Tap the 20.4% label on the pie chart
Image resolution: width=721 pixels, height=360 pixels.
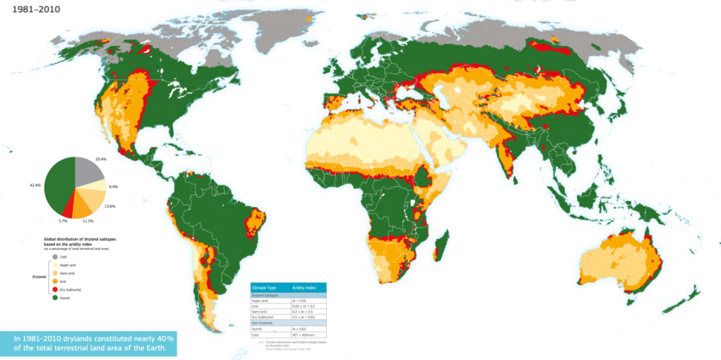click(100, 159)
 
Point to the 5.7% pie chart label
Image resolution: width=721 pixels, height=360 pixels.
click(62, 220)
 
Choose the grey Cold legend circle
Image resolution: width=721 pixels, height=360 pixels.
click(55, 257)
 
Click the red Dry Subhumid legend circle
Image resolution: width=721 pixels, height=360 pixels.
click(55, 289)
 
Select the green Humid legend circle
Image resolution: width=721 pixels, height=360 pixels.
click(55, 298)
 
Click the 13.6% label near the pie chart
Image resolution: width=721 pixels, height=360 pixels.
click(110, 206)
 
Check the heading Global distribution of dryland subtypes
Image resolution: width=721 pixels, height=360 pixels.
click(78, 241)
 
